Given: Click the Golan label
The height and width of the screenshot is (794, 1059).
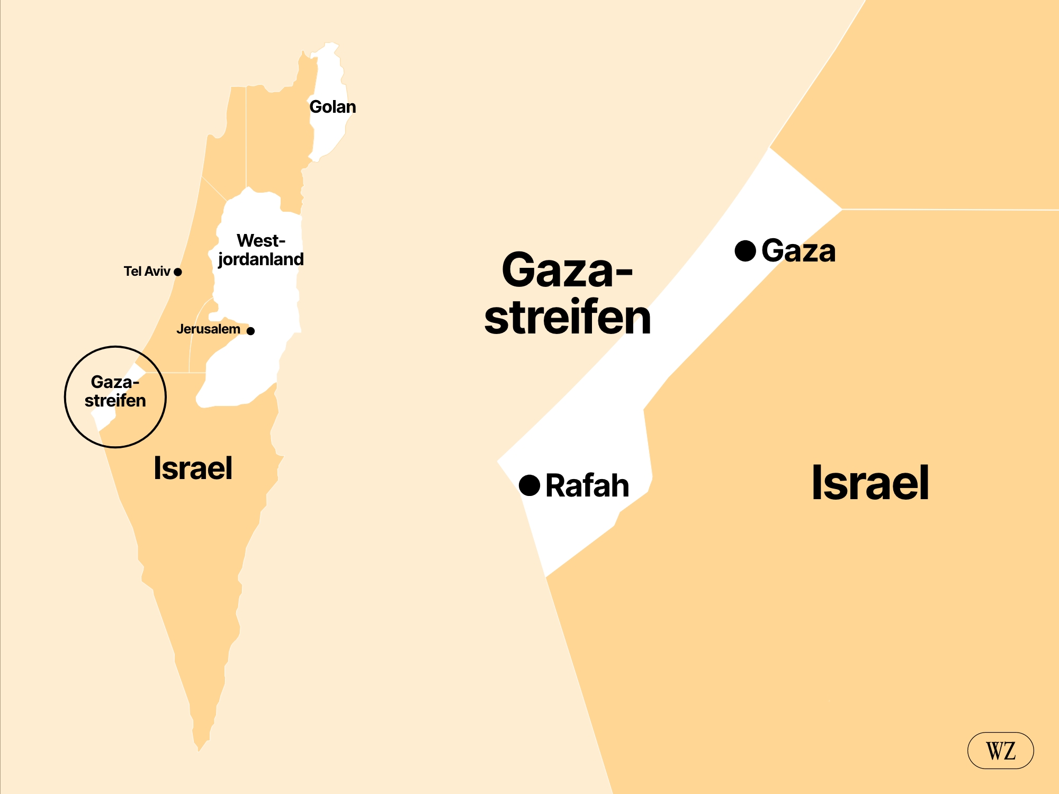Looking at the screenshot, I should point(333,107).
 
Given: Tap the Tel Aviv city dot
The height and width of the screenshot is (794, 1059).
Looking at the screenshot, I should point(178,272).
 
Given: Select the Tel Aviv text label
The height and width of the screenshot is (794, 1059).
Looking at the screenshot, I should point(147,272).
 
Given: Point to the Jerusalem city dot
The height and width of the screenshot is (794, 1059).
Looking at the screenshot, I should point(251,331).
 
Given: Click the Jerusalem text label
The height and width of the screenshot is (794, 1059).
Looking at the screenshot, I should point(208,329).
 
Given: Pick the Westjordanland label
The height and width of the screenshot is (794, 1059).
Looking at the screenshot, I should point(261,250).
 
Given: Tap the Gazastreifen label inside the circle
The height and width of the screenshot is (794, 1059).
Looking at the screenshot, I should point(115,391).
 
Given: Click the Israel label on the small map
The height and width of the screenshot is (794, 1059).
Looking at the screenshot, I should point(193,468).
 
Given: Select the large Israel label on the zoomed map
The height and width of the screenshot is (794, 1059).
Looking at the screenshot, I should point(870,483).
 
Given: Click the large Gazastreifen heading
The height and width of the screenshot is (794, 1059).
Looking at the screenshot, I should point(568,294).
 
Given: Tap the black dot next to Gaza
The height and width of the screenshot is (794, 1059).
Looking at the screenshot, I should point(745,251).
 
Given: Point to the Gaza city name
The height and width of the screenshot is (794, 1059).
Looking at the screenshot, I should point(798,251).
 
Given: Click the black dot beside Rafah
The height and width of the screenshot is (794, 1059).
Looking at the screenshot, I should point(529,485).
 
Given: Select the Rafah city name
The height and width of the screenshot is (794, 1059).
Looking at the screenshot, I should point(587,486).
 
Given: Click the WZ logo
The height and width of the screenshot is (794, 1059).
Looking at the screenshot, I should point(1000,751).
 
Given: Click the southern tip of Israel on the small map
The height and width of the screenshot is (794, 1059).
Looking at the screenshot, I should point(199,747).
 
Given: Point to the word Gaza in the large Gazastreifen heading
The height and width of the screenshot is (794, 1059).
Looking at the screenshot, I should point(567,270).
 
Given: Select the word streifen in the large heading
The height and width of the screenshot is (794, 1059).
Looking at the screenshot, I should point(568,318).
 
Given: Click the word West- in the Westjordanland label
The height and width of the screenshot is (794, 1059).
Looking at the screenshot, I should point(261,241).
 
